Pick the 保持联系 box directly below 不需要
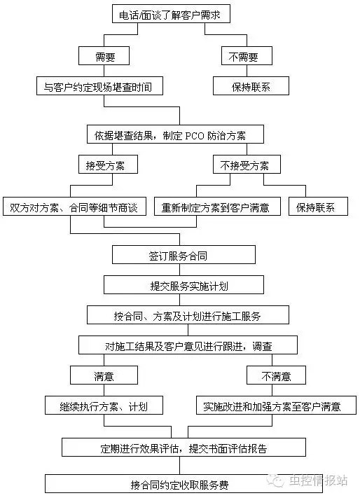point(242,87)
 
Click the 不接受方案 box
point(246,165)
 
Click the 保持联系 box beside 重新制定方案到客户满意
point(317,207)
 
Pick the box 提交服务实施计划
point(184,285)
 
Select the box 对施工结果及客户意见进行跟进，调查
point(187,345)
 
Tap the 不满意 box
point(276,376)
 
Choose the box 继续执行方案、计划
point(105,406)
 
